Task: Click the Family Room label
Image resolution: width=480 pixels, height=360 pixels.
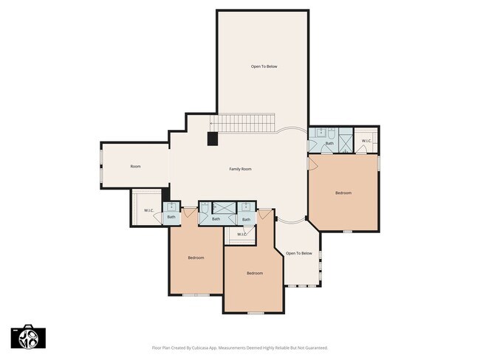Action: [240, 169]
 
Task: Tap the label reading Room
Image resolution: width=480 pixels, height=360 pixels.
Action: [135, 167]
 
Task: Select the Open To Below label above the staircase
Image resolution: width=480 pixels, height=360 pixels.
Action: [263, 66]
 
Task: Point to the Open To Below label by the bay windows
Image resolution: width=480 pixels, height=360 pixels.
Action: [299, 253]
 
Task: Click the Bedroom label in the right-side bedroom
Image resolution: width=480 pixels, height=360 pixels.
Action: [343, 193]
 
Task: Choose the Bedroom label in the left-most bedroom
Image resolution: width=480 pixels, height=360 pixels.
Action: [196, 257]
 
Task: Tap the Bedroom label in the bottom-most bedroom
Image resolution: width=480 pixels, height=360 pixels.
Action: [254, 274]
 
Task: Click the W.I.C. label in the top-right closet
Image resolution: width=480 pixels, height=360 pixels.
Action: [366, 140]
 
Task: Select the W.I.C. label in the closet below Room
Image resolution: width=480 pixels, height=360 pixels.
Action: [148, 211]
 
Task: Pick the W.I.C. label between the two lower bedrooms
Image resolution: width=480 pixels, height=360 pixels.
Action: [241, 235]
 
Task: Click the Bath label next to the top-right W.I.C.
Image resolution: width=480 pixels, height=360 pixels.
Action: [330, 143]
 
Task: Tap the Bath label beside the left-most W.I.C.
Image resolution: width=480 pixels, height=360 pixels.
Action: [171, 217]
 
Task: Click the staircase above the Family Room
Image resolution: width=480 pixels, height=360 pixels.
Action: [243, 124]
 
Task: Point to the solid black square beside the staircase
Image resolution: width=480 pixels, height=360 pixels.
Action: [213, 138]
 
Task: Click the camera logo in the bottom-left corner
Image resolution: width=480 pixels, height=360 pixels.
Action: [28, 336]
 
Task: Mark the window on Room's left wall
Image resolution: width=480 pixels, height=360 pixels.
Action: [101, 165]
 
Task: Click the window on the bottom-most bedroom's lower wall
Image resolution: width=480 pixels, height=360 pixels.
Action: [255, 313]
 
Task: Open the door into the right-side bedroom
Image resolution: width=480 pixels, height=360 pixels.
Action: [315, 157]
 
